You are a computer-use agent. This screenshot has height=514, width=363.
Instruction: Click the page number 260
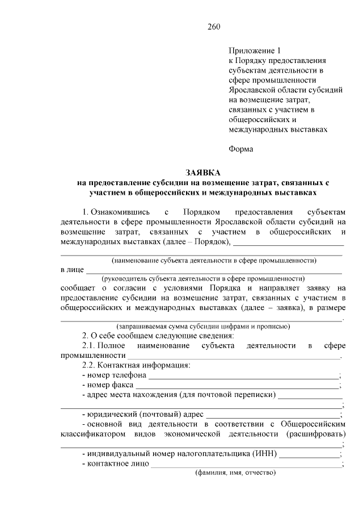point(213,27)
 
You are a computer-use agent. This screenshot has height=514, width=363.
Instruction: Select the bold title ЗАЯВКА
point(202,172)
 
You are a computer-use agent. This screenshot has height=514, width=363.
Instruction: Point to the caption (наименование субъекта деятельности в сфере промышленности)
point(214,260)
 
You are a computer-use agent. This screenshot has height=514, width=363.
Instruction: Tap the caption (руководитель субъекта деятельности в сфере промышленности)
point(202,279)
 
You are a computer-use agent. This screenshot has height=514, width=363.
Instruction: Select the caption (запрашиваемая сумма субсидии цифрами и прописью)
point(202,327)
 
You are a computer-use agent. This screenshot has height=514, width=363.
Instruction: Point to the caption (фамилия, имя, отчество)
point(235,473)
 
